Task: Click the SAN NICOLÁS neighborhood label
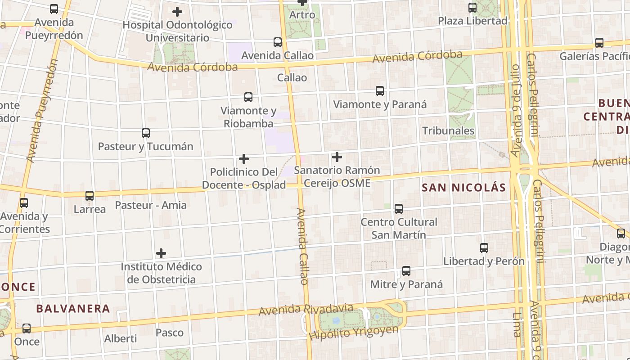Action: (464, 188)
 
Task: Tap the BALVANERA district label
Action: (73, 309)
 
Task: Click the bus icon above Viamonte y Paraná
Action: (380, 91)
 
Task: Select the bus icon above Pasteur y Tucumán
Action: (145, 133)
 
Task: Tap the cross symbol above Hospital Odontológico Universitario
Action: (177, 12)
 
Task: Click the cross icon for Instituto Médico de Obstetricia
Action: (161, 253)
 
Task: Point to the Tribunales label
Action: (448, 131)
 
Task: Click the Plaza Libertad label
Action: (472, 21)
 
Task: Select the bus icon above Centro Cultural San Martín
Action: (399, 209)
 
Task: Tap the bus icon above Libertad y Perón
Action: (484, 248)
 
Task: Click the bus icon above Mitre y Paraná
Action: (406, 271)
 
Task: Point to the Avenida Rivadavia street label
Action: (306, 310)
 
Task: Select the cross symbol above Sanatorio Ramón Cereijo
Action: (337, 157)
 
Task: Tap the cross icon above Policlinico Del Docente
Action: (244, 159)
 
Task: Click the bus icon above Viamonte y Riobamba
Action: (248, 97)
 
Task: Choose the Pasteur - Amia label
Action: (151, 205)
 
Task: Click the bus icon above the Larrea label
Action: (90, 196)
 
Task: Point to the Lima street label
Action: (517, 325)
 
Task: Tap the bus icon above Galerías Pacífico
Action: (599, 43)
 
